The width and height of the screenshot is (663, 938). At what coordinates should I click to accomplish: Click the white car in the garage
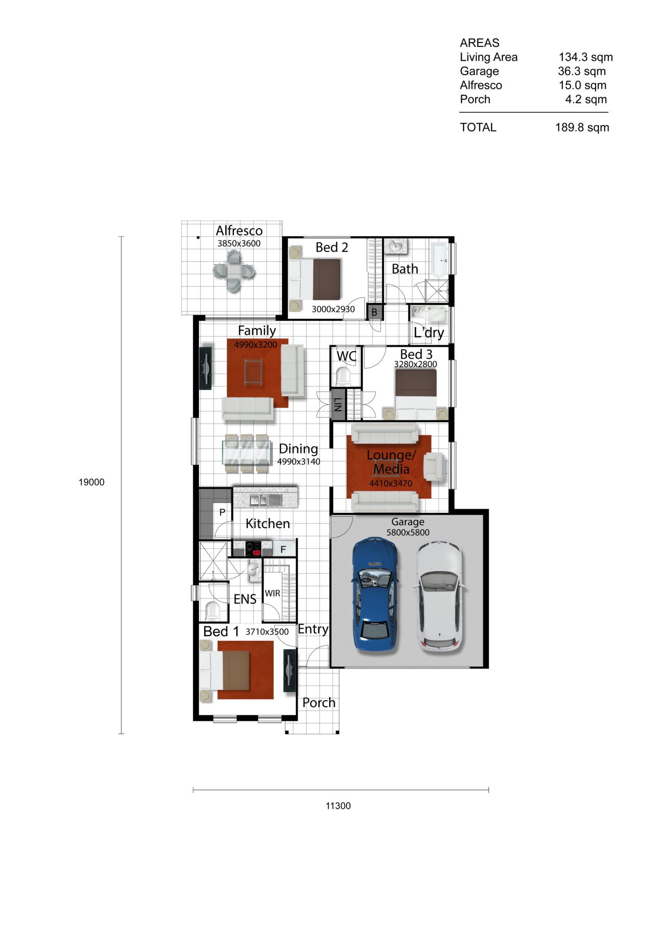click(x=440, y=596)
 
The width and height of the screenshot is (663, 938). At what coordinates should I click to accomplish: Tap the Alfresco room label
click(x=239, y=230)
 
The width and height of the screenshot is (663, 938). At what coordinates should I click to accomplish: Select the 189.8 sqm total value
click(x=582, y=127)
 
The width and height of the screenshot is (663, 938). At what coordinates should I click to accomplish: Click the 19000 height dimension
click(x=92, y=482)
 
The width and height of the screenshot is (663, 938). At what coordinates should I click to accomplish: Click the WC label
click(x=347, y=356)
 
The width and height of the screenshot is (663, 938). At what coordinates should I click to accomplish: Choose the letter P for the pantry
click(x=222, y=512)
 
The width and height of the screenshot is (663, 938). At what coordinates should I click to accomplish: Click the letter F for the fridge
click(x=283, y=549)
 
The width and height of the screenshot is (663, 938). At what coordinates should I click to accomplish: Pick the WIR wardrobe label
click(x=272, y=593)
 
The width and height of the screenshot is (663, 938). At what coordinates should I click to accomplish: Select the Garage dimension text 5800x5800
click(x=408, y=533)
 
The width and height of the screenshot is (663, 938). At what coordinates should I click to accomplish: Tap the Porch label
click(x=319, y=703)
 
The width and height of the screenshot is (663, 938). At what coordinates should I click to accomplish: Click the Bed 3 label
click(x=416, y=354)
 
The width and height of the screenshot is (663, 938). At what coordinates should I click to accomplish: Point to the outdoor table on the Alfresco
click(x=234, y=271)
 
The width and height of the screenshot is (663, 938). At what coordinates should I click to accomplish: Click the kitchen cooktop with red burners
click(x=253, y=548)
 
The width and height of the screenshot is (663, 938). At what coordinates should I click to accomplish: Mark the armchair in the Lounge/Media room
click(x=435, y=467)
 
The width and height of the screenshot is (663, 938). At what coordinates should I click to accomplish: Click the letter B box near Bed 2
click(x=374, y=312)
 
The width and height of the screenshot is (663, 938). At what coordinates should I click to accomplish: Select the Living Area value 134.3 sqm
click(x=586, y=57)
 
